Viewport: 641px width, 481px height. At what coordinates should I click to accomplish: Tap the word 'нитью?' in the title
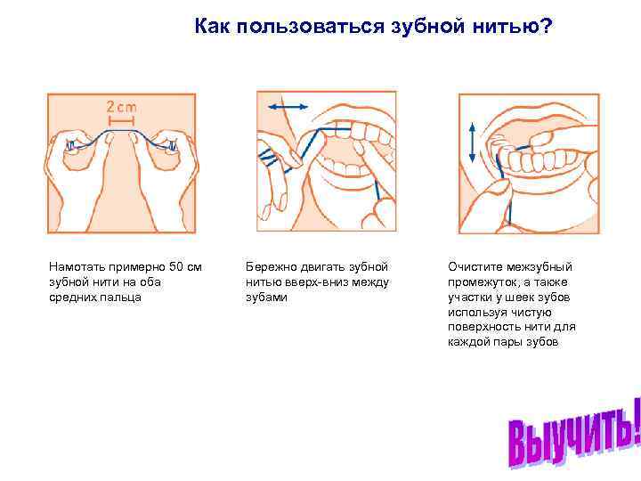[x=515, y=29]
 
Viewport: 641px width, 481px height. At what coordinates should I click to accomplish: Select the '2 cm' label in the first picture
[x=122, y=105]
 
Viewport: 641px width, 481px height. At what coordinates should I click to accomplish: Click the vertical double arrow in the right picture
[x=471, y=141]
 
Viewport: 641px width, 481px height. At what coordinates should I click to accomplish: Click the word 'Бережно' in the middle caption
[x=271, y=266]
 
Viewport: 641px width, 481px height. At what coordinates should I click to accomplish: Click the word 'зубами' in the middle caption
[x=266, y=297]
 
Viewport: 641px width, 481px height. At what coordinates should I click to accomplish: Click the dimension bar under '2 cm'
[x=122, y=118]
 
